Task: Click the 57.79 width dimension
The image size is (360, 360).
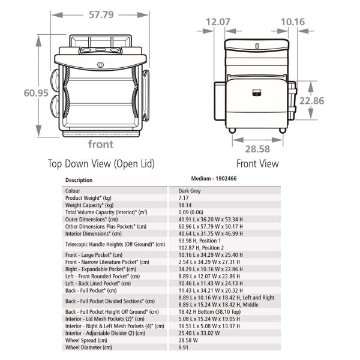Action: (x=101, y=14)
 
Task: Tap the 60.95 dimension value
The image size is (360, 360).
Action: (x=36, y=93)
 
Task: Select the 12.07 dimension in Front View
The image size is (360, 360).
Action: (x=218, y=22)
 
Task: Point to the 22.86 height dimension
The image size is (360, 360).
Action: (x=312, y=101)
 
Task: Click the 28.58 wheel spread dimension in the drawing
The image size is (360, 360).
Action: (x=257, y=149)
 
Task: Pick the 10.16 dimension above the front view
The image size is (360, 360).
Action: (x=293, y=22)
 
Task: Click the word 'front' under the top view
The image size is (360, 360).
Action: (x=101, y=144)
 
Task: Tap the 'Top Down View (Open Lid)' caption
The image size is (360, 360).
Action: (x=101, y=164)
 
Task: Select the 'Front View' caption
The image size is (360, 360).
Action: (x=257, y=164)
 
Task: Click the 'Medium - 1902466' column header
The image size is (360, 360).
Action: (x=214, y=179)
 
